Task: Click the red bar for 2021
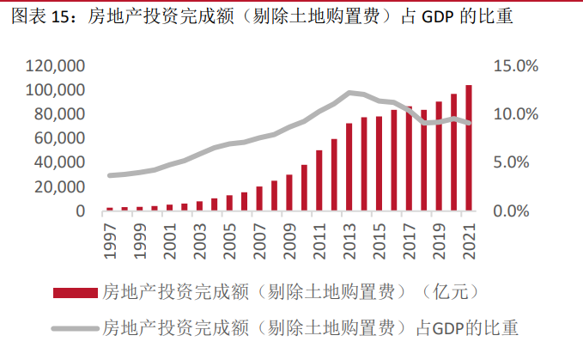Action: (468, 148)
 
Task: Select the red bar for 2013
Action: (349, 167)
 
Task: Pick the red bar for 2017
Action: (409, 159)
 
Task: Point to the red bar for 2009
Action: (289, 192)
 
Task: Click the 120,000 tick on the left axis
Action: (55, 66)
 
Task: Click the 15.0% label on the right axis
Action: (515, 66)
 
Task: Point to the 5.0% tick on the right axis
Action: (519, 162)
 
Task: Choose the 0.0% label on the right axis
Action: (519, 211)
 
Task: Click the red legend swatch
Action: (76, 293)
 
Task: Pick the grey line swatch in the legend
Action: (76, 326)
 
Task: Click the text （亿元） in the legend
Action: (450, 293)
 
